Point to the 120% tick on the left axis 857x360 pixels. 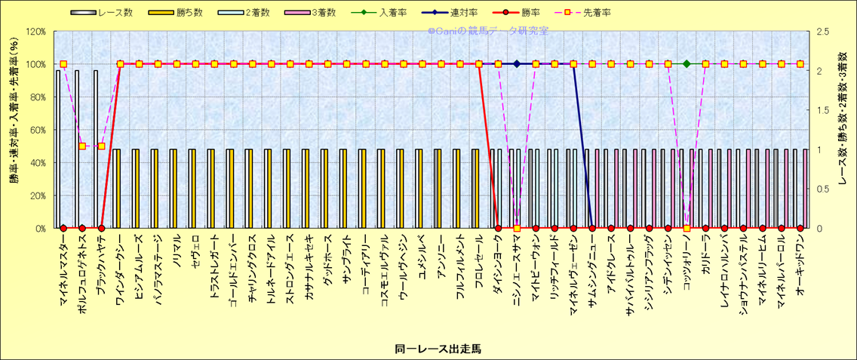pyautogui.click(x=35, y=32)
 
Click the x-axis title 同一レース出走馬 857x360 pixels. pyautogui.click(x=438, y=349)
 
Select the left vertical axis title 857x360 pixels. pyautogui.click(x=14, y=130)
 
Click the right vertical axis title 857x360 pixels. pyautogui.click(x=843, y=130)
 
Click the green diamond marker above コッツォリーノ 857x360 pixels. pyautogui.click(x=687, y=64)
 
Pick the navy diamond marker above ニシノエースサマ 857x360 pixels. pyautogui.click(x=517, y=64)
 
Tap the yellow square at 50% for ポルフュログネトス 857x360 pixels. pyautogui.click(x=82, y=146)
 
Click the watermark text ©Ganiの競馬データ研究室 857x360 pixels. pyautogui.click(x=488, y=32)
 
